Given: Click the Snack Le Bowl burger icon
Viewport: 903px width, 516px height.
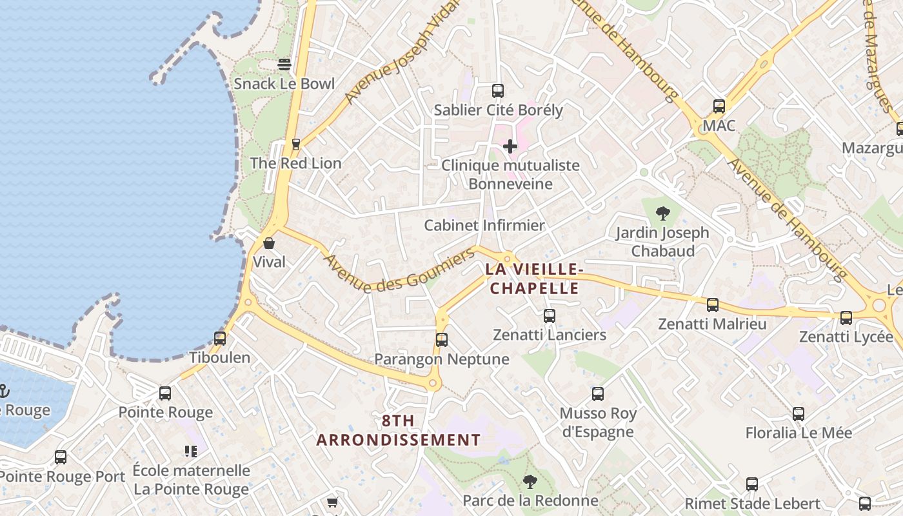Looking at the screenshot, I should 284,64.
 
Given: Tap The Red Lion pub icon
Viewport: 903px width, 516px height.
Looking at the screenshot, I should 296,144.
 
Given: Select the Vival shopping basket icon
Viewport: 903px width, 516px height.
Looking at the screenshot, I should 269,243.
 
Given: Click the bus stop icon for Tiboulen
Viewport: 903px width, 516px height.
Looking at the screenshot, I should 220,338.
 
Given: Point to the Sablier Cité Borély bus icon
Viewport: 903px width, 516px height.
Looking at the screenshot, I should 497,91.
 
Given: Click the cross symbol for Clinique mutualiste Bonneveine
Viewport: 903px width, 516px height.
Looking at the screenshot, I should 510,146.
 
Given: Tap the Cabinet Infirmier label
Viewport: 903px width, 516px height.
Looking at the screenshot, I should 484,226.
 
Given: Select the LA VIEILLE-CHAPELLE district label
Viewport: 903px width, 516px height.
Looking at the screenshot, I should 535,279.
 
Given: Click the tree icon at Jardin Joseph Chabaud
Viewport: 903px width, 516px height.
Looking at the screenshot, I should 662,213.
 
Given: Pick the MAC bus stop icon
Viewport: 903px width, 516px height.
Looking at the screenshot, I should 719,106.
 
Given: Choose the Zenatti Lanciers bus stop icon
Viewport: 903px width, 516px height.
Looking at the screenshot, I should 550,316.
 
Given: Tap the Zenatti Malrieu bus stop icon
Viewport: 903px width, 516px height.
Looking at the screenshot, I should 713,305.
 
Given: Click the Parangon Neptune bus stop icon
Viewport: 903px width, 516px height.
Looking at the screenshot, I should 442,340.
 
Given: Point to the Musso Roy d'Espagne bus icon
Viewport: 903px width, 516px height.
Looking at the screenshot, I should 598,394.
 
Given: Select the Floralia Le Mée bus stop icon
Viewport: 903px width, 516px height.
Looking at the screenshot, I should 799,414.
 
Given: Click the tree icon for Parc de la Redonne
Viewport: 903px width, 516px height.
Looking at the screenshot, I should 530,481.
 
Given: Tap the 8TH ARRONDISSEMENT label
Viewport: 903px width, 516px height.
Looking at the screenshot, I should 399,431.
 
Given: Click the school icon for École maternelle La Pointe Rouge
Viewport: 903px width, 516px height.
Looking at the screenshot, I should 191,451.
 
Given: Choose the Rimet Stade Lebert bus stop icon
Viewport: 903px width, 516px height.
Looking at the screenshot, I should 752,484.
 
